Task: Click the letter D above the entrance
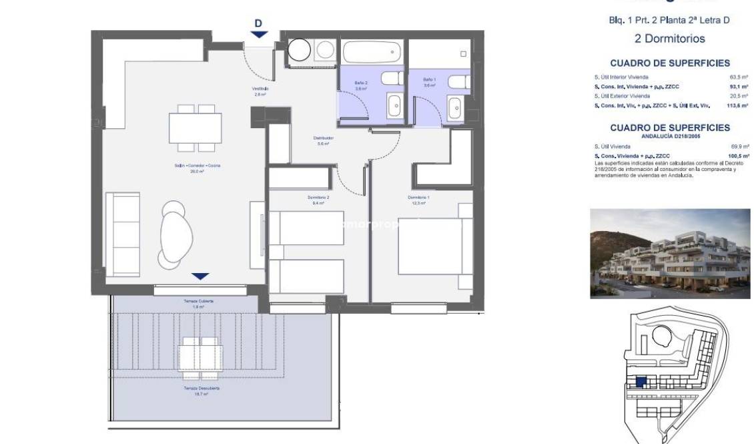(259, 23)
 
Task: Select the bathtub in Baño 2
(371, 51)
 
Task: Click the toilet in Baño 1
(458, 82)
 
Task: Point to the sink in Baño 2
(394, 105)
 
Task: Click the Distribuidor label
(323, 141)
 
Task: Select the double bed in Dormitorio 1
(430, 246)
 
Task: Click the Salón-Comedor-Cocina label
(186, 168)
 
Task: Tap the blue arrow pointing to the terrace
(200, 276)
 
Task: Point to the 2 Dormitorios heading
(669, 39)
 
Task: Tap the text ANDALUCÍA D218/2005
(669, 136)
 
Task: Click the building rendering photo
(669, 254)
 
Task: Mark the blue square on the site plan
(641, 383)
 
